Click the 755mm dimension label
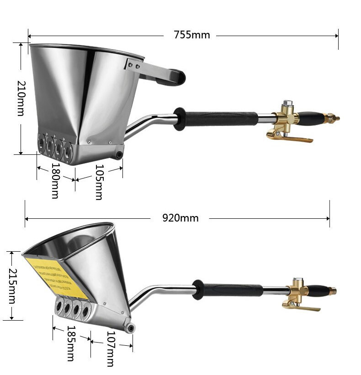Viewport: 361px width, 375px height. (191, 35)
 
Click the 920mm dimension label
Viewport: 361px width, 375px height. (180, 218)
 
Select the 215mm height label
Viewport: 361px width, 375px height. (11, 286)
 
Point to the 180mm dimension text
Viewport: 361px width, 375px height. (55, 181)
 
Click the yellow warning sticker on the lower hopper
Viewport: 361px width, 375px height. (56, 276)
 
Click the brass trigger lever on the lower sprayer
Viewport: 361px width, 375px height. (301, 307)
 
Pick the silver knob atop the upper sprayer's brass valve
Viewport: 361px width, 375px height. (287, 104)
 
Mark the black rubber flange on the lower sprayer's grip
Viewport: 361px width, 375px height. (198, 290)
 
